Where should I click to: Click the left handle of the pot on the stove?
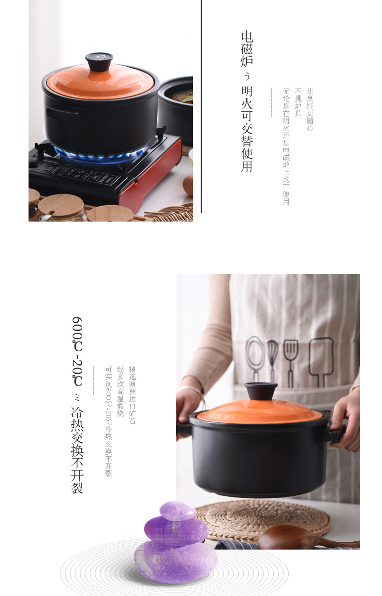[62, 114]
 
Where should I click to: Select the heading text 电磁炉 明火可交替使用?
[247, 102]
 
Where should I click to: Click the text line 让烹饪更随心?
[310, 109]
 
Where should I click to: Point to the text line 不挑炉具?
[298, 102]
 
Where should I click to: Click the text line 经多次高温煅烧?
[120, 391]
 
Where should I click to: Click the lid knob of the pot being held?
[261, 390]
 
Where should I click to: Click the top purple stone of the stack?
[177, 510]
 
